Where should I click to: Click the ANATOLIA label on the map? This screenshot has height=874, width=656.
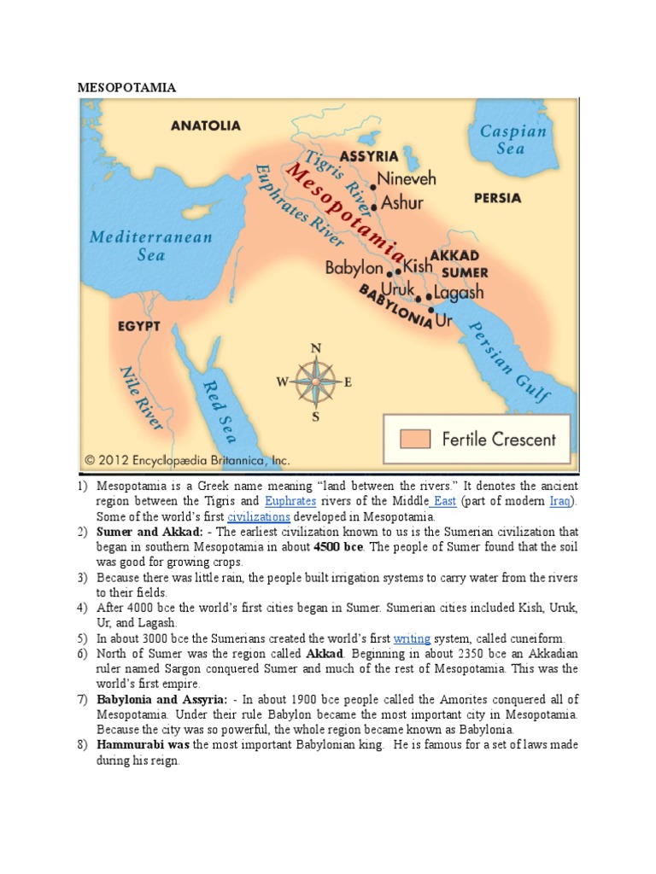click(x=206, y=125)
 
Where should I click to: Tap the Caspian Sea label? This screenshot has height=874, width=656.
click(x=512, y=139)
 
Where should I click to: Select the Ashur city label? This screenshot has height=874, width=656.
click(x=401, y=204)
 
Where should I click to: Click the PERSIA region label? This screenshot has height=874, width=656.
click(x=497, y=198)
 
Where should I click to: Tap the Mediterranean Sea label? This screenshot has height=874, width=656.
click(x=150, y=244)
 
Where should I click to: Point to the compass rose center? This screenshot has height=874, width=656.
click(x=315, y=382)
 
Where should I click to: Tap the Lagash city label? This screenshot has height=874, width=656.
click(x=458, y=292)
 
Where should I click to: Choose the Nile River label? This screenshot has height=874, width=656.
click(x=141, y=398)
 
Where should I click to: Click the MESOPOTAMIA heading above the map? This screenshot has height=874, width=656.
click(x=126, y=87)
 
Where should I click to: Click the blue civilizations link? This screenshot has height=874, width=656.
click(x=258, y=516)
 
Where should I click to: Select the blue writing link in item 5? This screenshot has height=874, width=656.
click(x=412, y=638)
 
